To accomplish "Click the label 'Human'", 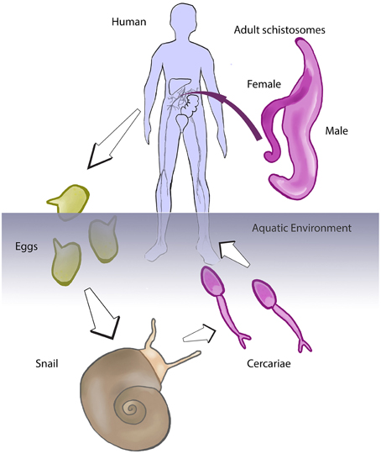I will coord(129,18).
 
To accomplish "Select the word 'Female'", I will coord(263,84).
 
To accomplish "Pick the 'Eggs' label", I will coord(25,250).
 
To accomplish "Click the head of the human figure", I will coord(187,21).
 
